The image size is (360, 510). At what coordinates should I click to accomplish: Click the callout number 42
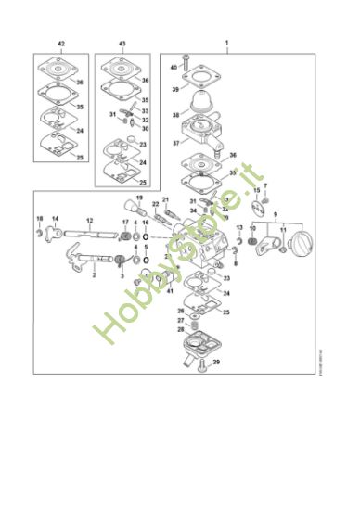tap(61, 44)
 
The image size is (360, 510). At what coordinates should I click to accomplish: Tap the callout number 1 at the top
tap(226, 44)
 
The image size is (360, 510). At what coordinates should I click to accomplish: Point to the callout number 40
tap(174, 68)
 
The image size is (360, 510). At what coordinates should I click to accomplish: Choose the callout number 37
tap(176, 145)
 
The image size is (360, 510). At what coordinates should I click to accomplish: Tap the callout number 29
tap(217, 362)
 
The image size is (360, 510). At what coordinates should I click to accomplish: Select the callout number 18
tap(39, 219)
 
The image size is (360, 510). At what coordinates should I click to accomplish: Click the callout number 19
tap(139, 198)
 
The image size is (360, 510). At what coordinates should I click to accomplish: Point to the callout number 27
tap(180, 320)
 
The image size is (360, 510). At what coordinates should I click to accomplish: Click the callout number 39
tap(174, 89)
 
